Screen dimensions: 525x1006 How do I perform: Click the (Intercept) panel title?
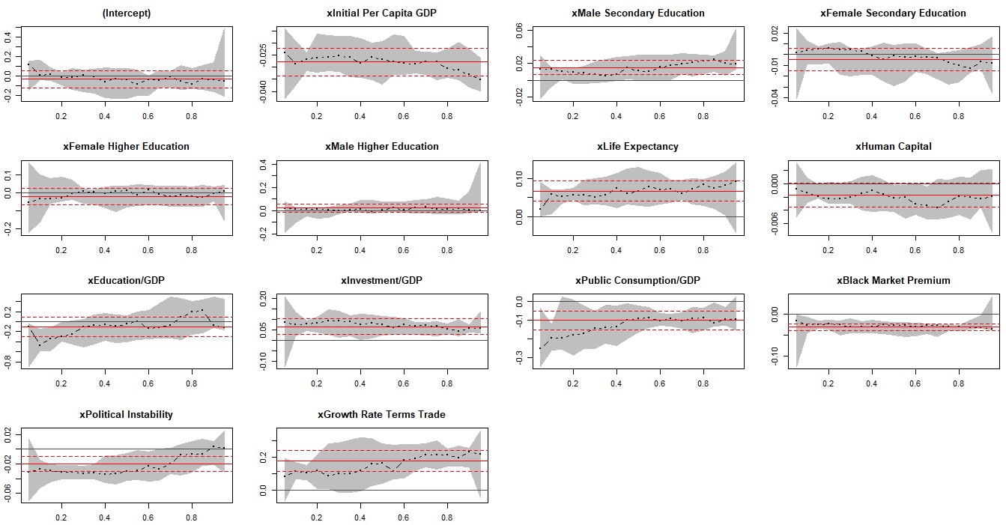126,13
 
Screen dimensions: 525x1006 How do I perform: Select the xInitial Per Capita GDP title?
381,13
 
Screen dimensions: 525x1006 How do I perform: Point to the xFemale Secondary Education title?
893,13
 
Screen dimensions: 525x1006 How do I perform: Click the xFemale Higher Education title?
126,147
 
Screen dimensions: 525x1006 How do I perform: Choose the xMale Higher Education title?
381,147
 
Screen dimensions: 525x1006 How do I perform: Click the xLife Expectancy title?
637,147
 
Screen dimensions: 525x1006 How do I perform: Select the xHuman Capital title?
893,147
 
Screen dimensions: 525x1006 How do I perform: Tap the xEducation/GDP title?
126,281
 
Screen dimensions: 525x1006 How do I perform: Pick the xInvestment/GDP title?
381,281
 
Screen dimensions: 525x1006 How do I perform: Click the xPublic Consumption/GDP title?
637,281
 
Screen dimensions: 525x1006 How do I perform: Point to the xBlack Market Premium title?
893,281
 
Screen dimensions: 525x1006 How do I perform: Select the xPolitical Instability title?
126,415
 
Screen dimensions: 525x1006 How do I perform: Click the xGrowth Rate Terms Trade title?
381,415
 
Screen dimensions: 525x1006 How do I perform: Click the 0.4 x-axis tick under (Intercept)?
104,116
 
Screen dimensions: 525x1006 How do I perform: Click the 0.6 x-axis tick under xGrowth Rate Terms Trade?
404,518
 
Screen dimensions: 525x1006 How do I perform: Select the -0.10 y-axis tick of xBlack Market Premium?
775,356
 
